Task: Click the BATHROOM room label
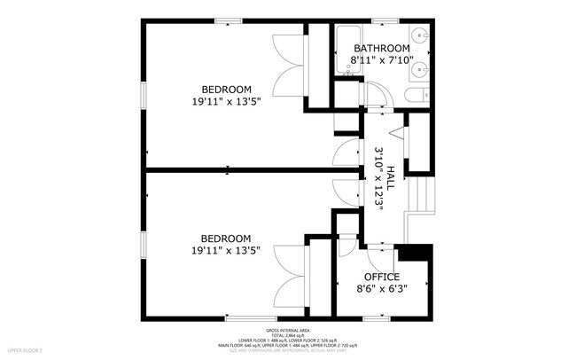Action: pyautogui.click(x=382, y=48)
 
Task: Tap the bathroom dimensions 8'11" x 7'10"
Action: pyautogui.click(x=382, y=60)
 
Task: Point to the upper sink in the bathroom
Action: pyautogui.click(x=421, y=37)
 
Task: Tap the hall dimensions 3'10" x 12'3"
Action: pyautogui.click(x=378, y=177)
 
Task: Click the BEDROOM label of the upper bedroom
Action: pyautogui.click(x=226, y=90)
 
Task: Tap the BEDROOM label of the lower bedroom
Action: pyautogui.click(x=225, y=239)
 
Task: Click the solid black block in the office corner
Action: pyautogui.click(x=412, y=254)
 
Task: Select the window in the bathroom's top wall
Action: pyautogui.click(x=384, y=20)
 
